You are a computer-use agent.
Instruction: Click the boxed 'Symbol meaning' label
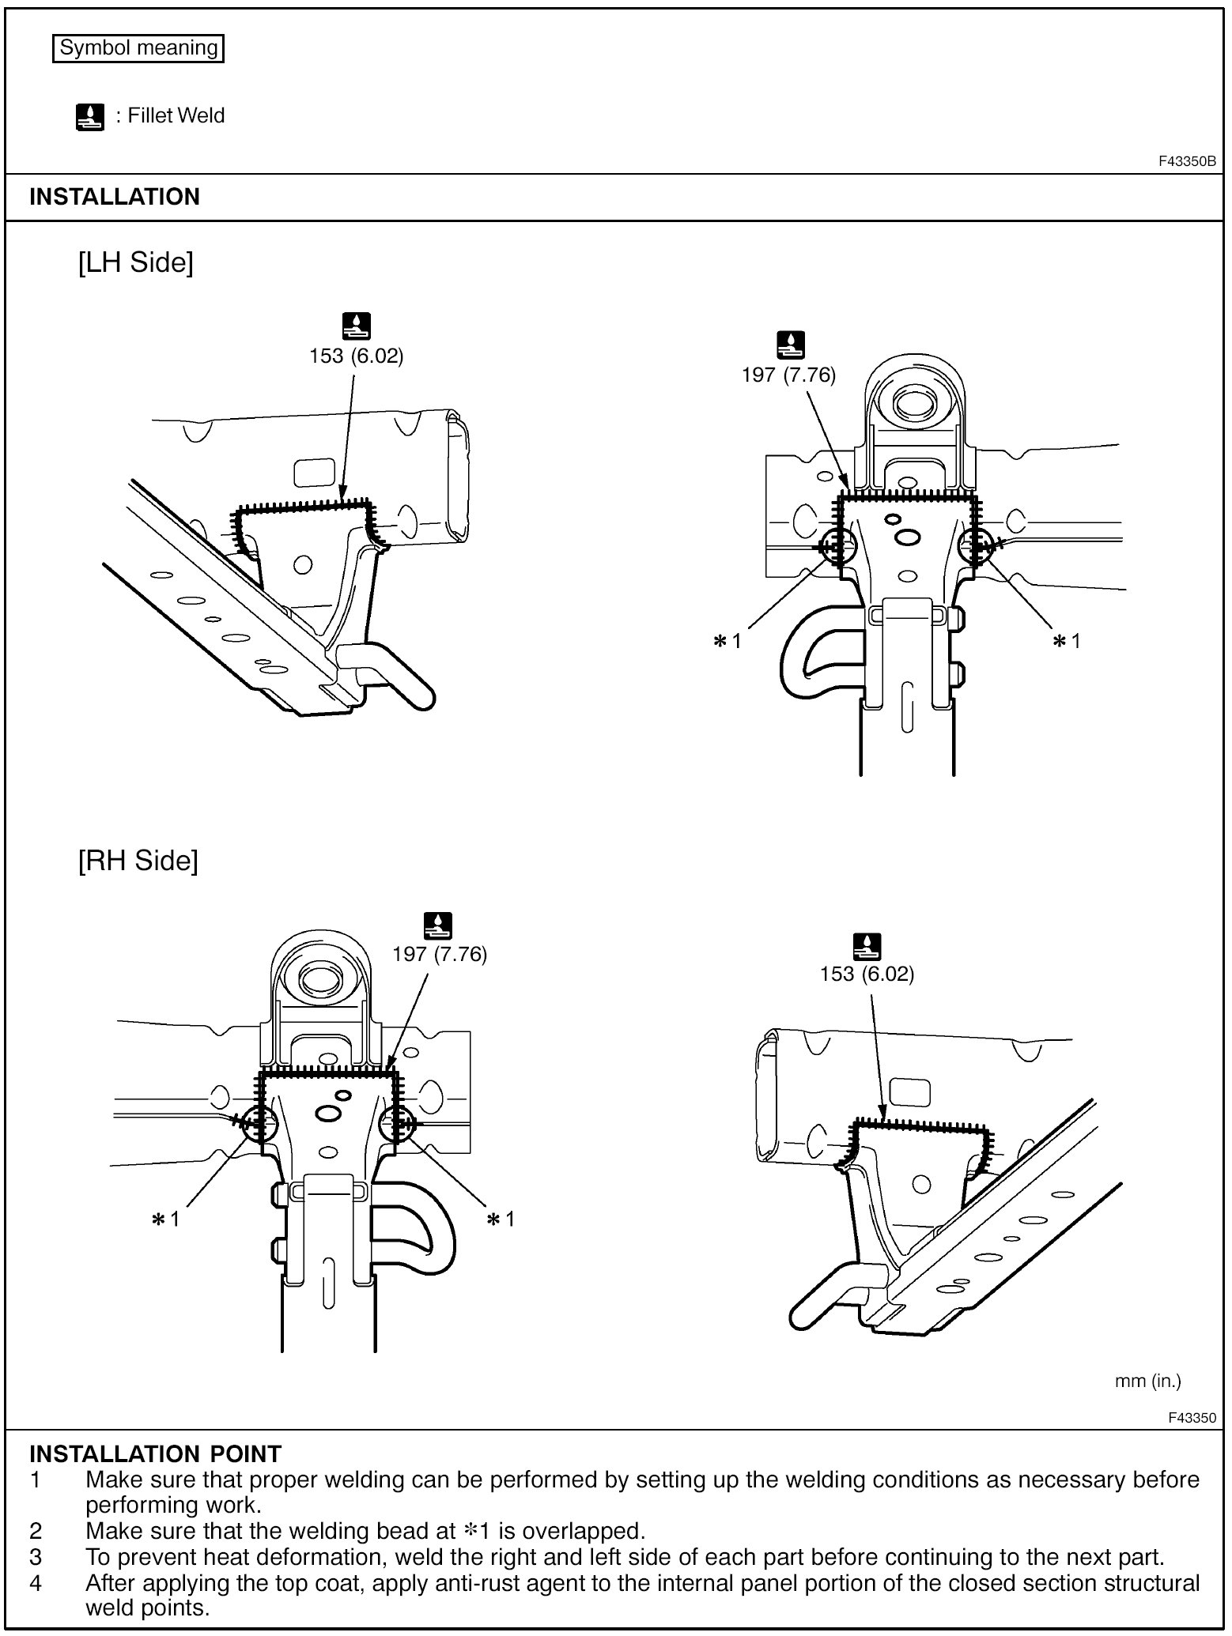pos(138,48)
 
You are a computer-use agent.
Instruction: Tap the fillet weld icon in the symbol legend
pos(90,117)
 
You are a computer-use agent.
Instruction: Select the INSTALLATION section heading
pos(115,197)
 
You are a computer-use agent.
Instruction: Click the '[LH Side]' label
pos(135,262)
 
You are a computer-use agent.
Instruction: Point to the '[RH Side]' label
pos(138,860)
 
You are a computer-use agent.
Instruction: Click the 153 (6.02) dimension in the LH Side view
pos(356,356)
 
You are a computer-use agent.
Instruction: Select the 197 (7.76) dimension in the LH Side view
pos(788,375)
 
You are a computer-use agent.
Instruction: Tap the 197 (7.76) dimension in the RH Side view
pos(440,954)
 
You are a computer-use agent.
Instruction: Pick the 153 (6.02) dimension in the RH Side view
pos(867,974)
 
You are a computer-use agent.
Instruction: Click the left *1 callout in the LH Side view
pos(727,641)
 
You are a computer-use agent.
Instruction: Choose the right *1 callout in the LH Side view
pos(1066,641)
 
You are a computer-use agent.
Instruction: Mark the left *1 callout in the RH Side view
pos(165,1219)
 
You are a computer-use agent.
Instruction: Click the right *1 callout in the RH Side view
pos(501,1219)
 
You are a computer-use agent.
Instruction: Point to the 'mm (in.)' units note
pos(1147,1381)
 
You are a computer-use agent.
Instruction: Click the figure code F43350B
pos(1187,161)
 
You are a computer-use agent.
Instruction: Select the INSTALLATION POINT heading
pos(155,1453)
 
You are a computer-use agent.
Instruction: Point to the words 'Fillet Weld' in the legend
pos(176,116)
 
